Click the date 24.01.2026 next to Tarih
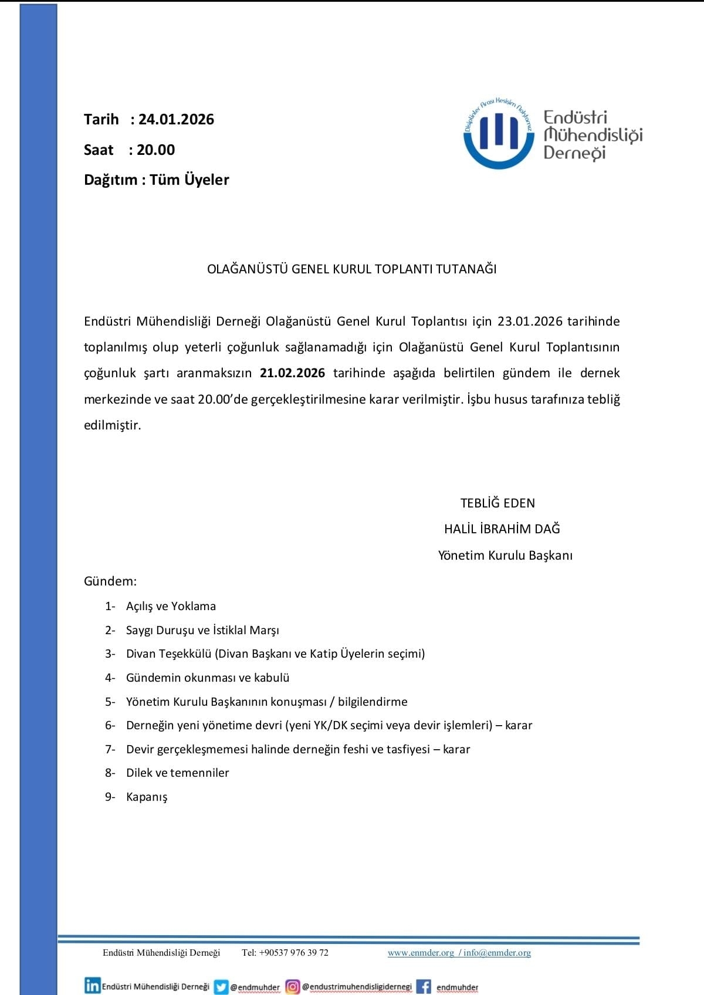(176, 120)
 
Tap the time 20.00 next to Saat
(155, 150)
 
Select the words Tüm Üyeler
(189, 180)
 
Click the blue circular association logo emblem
(499, 134)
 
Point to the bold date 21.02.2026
(292, 374)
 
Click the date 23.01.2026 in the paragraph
(530, 321)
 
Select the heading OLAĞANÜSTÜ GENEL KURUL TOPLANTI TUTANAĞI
(351, 269)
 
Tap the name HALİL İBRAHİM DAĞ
(502, 529)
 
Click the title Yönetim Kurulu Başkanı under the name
(505, 556)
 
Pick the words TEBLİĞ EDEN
(497, 503)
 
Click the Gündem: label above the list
(110, 581)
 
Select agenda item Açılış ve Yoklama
(171, 607)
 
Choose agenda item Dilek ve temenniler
(177, 773)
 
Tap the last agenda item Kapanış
(147, 797)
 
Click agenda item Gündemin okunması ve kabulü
(208, 678)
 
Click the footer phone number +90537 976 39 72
(293, 953)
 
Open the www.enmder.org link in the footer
(421, 953)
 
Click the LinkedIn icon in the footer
(92, 986)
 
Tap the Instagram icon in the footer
(292, 987)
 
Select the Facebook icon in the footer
(424, 987)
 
